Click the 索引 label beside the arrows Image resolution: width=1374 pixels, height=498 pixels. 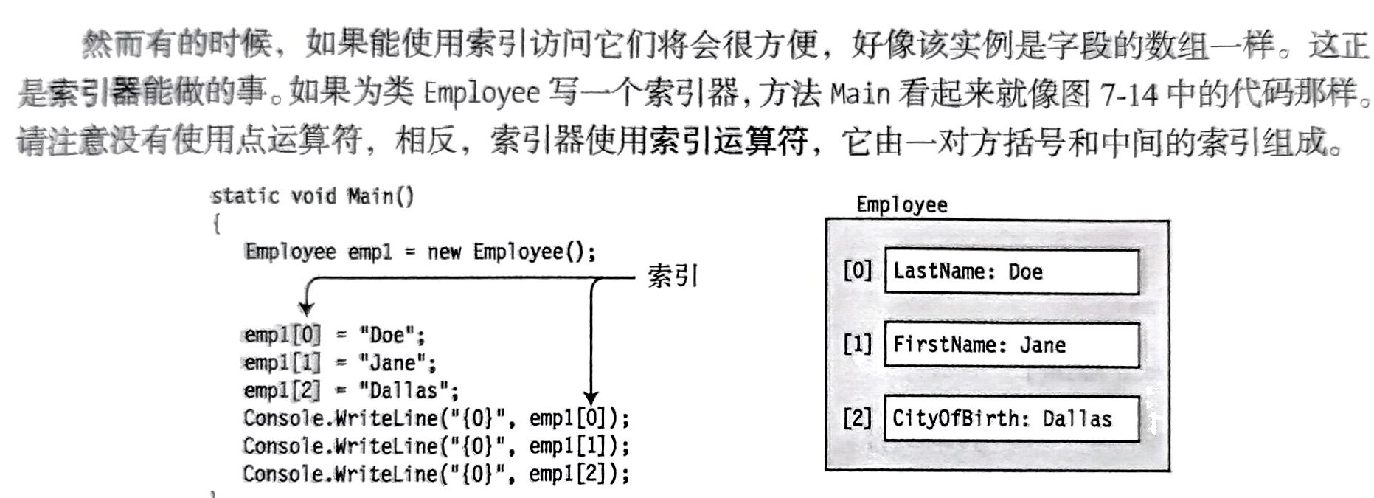pos(672,277)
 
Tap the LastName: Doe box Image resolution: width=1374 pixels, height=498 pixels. pos(1011,272)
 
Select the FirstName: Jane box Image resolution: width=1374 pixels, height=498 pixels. pos(1011,345)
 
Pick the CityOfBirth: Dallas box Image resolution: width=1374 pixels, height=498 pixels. pos(1011,418)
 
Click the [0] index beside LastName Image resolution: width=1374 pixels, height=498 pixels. pos(857,271)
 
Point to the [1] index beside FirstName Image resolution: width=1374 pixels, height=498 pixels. pos(857,344)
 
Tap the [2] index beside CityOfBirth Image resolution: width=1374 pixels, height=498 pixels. pos(857,418)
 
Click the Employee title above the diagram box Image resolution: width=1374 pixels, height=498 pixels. pos(901,204)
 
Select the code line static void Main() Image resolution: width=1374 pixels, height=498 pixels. pos(312,196)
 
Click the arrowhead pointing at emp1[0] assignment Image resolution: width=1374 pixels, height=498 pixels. pos(306,308)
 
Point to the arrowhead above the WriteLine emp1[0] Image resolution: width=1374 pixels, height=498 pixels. pos(591,398)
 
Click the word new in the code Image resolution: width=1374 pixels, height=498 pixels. pos(444,252)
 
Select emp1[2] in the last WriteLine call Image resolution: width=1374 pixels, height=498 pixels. pos(573,474)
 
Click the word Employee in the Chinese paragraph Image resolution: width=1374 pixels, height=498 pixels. pos(482,92)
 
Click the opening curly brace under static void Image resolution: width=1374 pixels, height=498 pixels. pos(217,224)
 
